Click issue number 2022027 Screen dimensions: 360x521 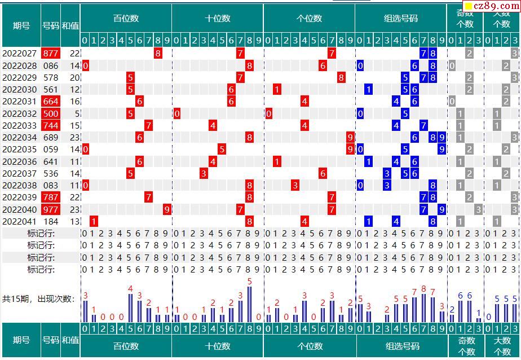pos(20,54)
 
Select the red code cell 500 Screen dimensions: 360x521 pos(51,113)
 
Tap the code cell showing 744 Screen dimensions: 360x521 pos(51,125)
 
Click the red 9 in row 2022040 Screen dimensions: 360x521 pos(167,209)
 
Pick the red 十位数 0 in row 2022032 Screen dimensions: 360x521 pos(177,113)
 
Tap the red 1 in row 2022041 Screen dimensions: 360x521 pos(94,221)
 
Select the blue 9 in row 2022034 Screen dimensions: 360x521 pos(442,137)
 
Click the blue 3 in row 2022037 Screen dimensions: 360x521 pos(387,173)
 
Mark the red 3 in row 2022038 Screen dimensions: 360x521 pos(295,185)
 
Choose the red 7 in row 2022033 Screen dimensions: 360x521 pos(149,125)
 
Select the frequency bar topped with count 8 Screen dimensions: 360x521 pos(424,308)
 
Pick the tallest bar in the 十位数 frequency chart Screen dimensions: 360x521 pos(249,304)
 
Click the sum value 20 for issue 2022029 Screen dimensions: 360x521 pos(75,77)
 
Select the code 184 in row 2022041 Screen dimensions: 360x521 pos(51,221)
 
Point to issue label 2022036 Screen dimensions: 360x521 pos(20,161)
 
